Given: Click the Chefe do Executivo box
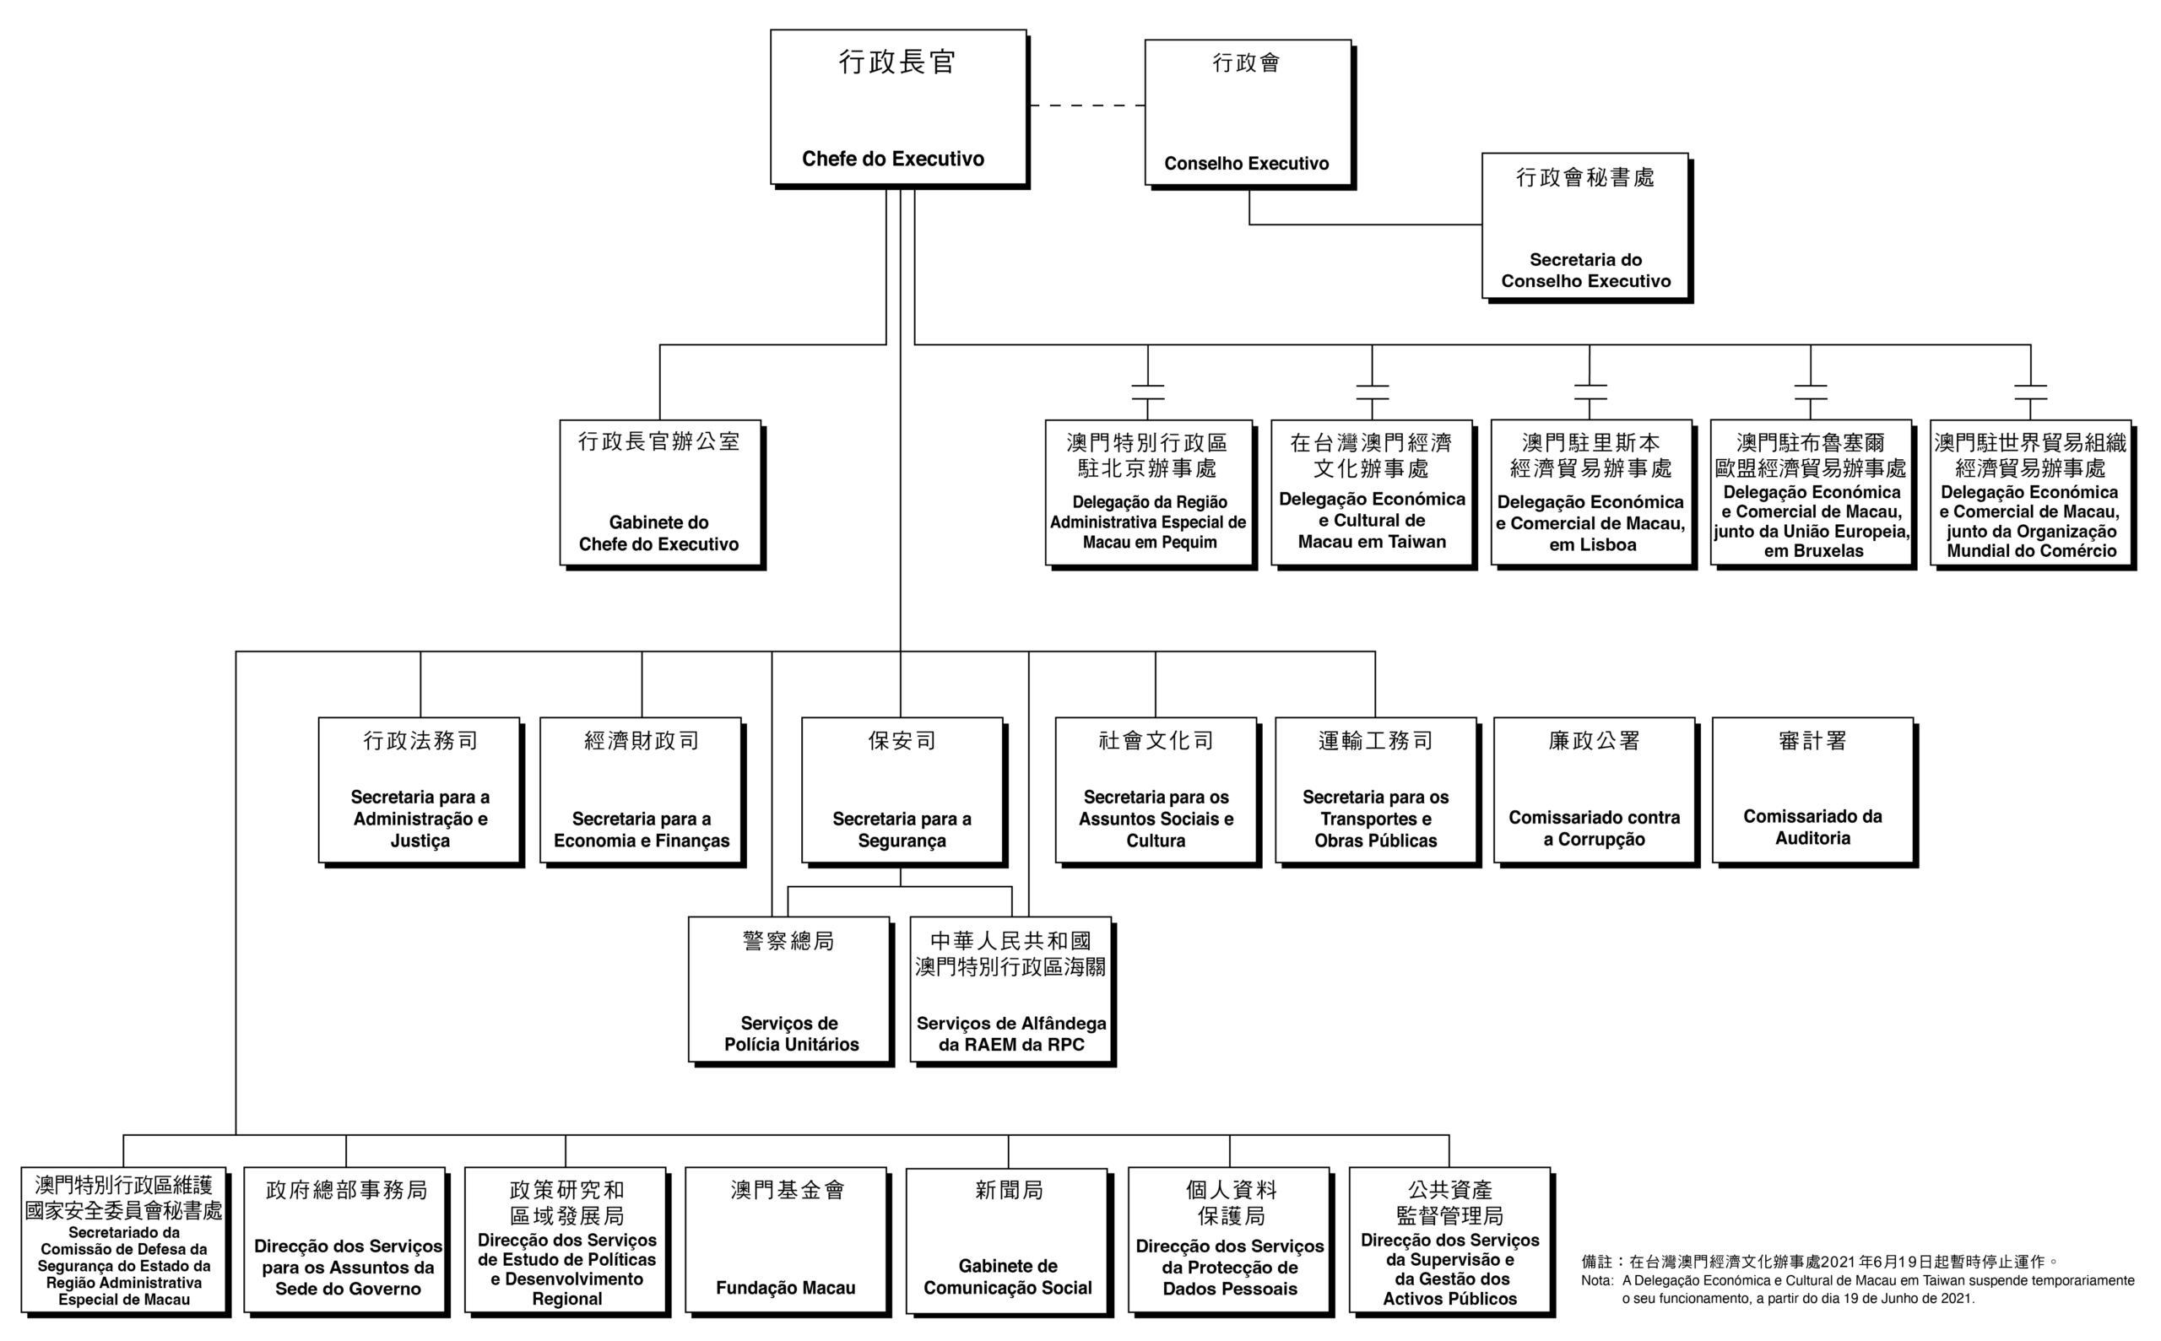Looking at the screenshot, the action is click(x=899, y=108).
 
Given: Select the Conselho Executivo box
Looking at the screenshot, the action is click(x=1248, y=112).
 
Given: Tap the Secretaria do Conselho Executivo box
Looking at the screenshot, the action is click(x=1586, y=227).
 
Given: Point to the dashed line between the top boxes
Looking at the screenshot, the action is click(x=1086, y=105).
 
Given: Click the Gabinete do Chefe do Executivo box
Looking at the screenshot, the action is click(x=661, y=494).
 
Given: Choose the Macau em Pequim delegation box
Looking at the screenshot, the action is click(x=1150, y=494).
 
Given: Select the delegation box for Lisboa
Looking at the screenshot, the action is click(x=1592, y=494).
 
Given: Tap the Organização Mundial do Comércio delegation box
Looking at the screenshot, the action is click(x=2032, y=494).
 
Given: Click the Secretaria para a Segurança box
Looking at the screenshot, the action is click(x=903, y=791).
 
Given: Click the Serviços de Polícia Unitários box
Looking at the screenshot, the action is click(x=790, y=991).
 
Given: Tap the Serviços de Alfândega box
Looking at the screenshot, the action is click(x=1011, y=991).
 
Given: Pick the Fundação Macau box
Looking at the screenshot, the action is click(x=787, y=1241).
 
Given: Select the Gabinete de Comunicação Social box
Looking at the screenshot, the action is click(x=1008, y=1241).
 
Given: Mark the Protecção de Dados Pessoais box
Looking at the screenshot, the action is click(x=1231, y=1241).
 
